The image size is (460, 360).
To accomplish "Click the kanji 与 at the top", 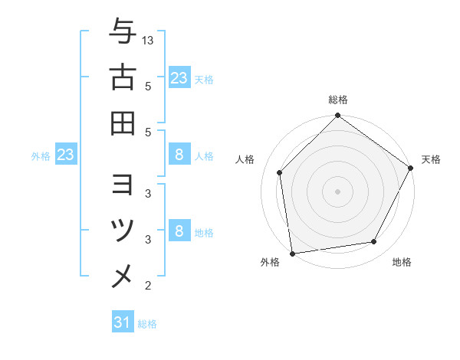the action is click(x=123, y=33).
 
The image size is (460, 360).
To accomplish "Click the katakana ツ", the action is click(x=123, y=231).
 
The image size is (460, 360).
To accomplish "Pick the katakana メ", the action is click(x=123, y=275).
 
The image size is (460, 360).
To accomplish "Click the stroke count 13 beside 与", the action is click(x=148, y=40).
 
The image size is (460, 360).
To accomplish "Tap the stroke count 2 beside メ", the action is click(x=148, y=286).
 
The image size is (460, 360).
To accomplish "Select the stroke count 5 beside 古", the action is click(x=148, y=87).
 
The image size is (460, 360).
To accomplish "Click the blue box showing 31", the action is click(x=123, y=323).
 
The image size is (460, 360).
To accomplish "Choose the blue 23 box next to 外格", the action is click(x=65, y=155).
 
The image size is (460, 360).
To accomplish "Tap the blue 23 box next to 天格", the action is click(x=179, y=78).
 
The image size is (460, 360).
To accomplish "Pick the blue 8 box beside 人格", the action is click(x=179, y=155).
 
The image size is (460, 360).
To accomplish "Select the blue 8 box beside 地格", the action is click(x=179, y=231).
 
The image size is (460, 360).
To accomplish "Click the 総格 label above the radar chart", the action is click(x=338, y=100).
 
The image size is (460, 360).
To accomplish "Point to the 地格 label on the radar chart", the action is click(x=402, y=263).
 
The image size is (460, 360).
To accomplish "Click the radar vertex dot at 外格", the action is click(x=292, y=253).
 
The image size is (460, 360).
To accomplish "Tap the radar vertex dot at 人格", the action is click(x=280, y=172).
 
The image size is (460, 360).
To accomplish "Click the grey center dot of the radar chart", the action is click(x=338, y=191).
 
